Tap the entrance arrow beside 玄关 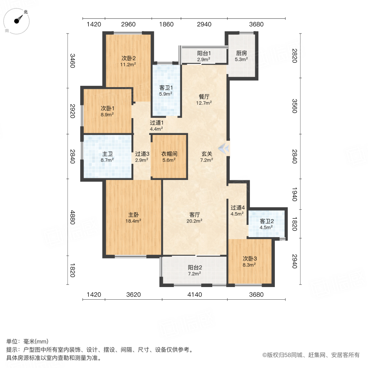[223, 149]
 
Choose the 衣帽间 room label [168, 154]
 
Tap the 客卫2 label [267, 222]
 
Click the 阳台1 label [204, 53]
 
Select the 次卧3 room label [249, 258]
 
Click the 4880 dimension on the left [73, 218]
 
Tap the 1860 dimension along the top [166, 24]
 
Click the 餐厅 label [204, 96]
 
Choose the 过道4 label [237, 207]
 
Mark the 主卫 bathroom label [107, 154]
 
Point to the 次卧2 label [128, 58]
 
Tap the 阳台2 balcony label [195, 267]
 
